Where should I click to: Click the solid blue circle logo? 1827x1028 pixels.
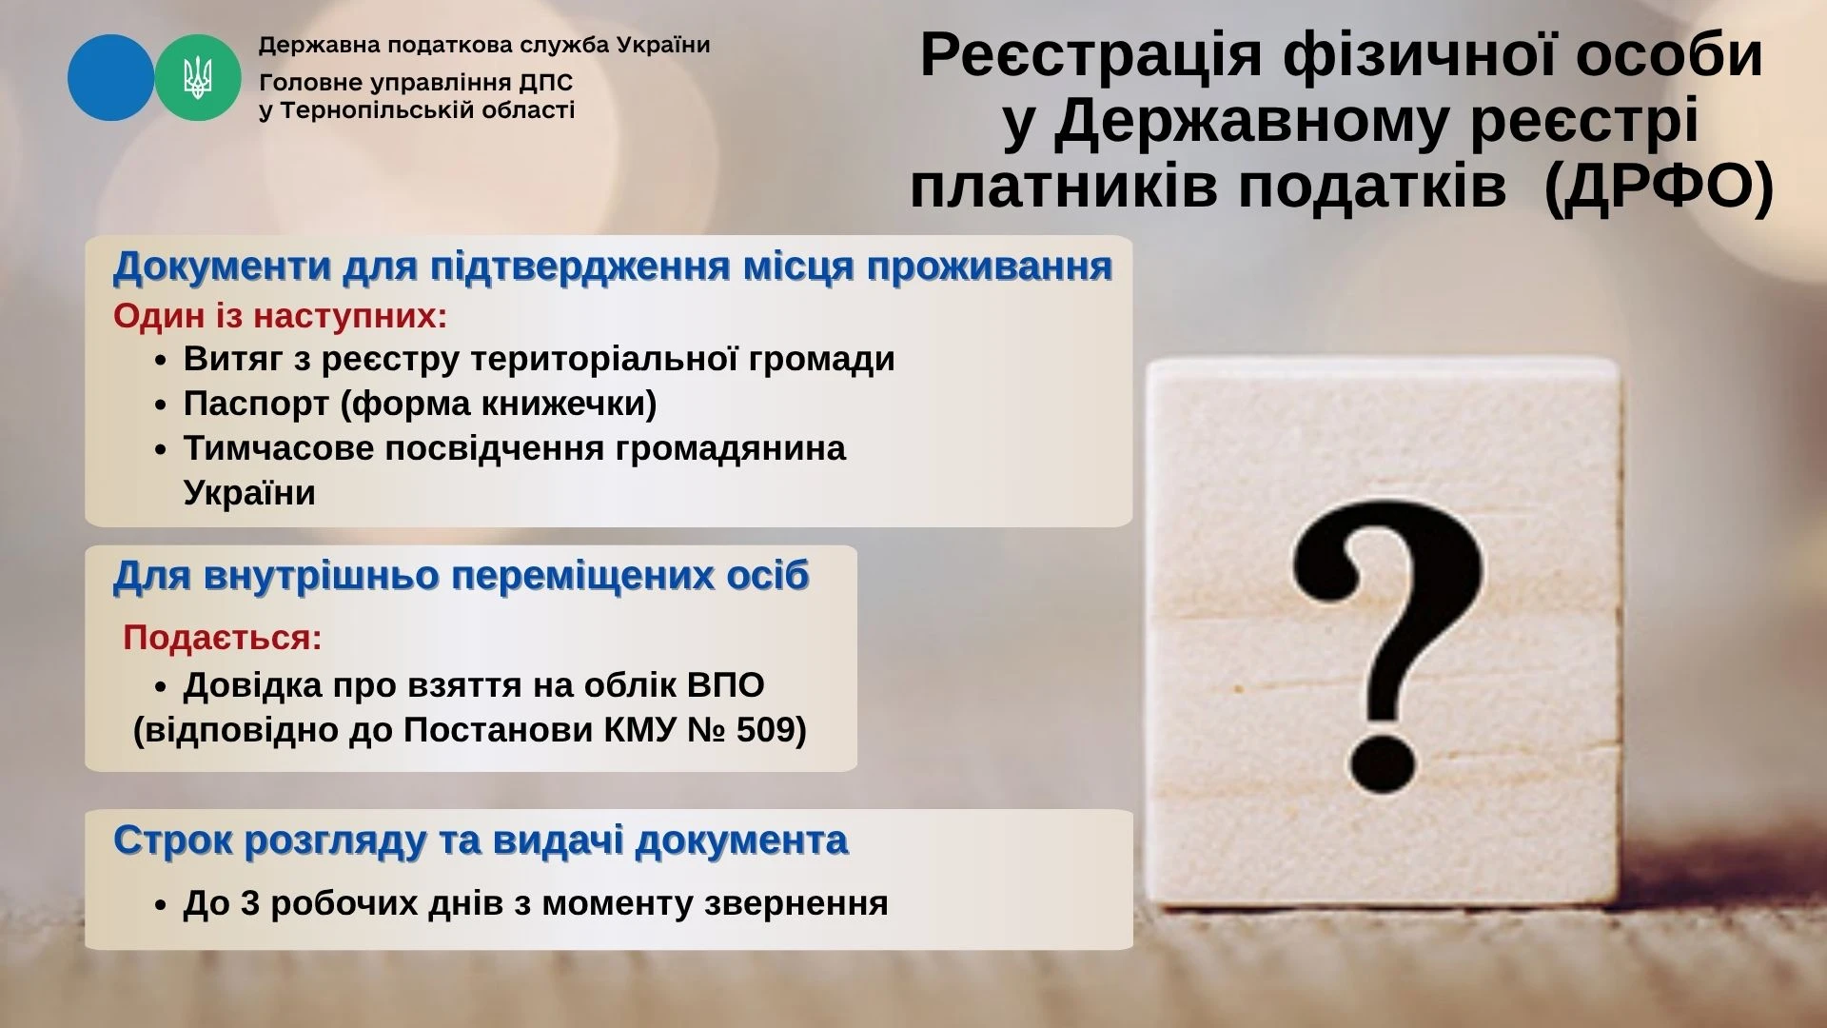(x=110, y=77)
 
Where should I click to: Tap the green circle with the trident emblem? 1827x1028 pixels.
(x=198, y=77)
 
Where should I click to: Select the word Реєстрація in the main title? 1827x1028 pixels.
(x=1093, y=54)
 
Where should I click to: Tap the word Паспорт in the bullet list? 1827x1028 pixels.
(x=256, y=404)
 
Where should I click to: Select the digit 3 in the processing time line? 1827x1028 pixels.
(x=250, y=903)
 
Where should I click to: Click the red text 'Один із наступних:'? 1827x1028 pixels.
(x=281, y=316)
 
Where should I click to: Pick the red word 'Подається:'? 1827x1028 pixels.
(x=223, y=637)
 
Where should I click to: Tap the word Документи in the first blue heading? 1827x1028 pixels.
(x=222, y=267)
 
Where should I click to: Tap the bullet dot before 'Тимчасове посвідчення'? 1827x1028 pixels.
(x=161, y=449)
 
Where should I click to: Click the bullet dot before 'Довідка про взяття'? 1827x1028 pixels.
(x=161, y=687)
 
